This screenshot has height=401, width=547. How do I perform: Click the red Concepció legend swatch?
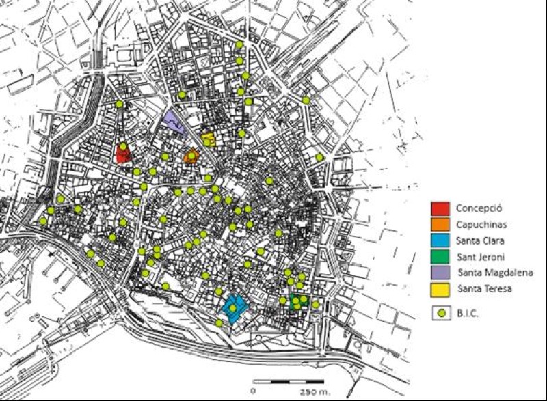coord(440,208)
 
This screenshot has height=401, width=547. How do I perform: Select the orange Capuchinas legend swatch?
coord(440,224)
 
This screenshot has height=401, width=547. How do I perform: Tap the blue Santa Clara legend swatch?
coord(440,240)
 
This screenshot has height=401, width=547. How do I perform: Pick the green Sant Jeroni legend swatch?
coord(440,257)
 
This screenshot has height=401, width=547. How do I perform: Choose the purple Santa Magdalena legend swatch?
coord(440,273)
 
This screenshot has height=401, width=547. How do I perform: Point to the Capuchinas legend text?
coord(481,224)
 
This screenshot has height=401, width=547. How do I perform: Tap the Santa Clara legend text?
coord(481,240)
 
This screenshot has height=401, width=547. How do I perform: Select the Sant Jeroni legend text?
coord(481,257)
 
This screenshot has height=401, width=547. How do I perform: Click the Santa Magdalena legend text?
coord(491,273)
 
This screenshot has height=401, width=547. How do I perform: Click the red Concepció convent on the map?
coord(123,154)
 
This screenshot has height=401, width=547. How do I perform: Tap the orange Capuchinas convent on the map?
coord(192,156)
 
